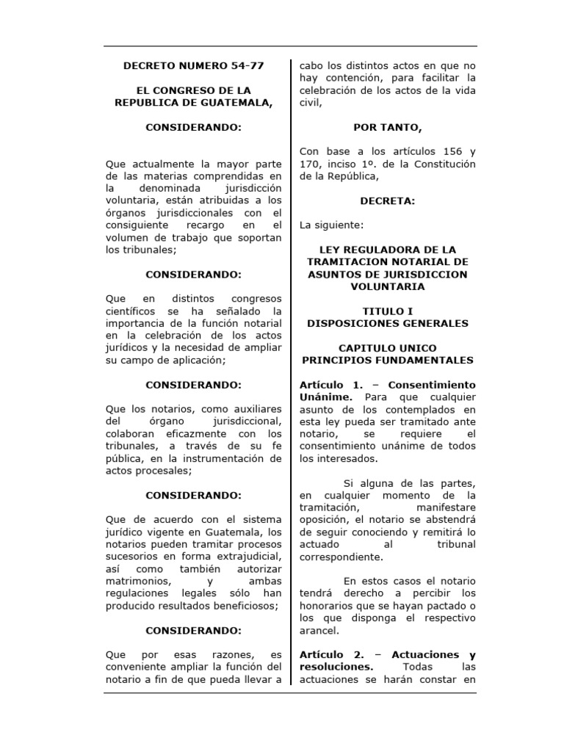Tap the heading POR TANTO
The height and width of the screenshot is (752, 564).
pyautogui.click(x=387, y=128)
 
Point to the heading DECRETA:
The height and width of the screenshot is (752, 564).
pyautogui.click(x=387, y=200)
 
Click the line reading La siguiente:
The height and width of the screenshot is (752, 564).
pyautogui.click(x=327, y=225)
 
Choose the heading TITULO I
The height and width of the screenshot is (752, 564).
pyautogui.click(x=387, y=311)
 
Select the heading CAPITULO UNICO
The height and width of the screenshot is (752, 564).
pyautogui.click(x=387, y=347)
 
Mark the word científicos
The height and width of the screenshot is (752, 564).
pyautogui.click(x=135, y=311)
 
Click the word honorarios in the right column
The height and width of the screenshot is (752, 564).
pyautogui.click(x=331, y=605)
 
